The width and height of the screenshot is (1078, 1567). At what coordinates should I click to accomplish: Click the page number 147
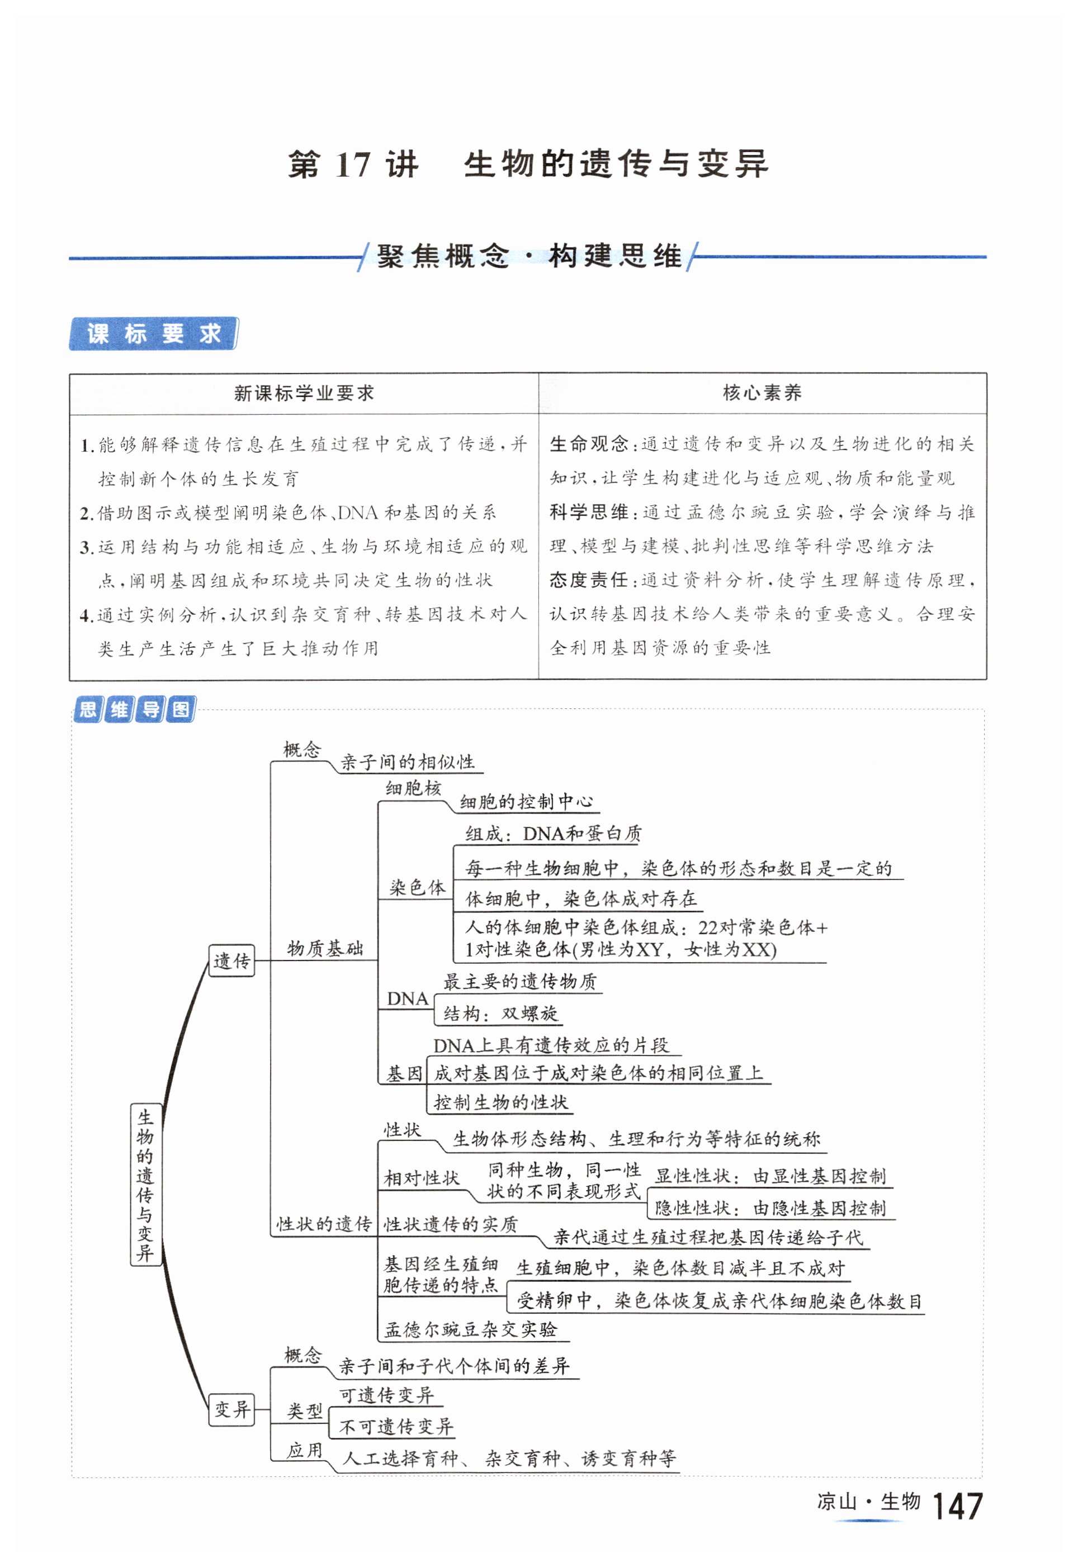coord(957,1506)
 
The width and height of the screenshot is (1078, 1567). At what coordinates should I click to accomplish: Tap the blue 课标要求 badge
coord(153,334)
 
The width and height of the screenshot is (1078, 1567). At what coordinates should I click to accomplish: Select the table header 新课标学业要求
coord(304,394)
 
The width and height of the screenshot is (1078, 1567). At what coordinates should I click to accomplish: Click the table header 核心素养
coord(762,393)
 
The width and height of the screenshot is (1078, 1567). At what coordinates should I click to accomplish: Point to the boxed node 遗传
coord(231,960)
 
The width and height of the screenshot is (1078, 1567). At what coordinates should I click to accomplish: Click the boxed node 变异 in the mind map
coord(231,1409)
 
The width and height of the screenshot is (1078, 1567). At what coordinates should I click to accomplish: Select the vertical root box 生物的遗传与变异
coord(145,1184)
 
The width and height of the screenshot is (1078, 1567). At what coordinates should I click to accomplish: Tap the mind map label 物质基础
coord(325,949)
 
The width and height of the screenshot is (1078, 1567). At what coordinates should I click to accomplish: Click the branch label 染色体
coord(417,888)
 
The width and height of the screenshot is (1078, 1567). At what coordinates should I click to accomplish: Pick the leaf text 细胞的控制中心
coord(526,802)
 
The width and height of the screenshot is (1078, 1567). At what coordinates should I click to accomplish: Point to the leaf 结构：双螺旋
coord(500,1014)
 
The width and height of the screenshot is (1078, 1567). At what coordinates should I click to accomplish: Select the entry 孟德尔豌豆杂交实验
coord(471,1329)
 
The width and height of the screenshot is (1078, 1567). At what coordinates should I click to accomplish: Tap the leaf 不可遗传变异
coord(396,1427)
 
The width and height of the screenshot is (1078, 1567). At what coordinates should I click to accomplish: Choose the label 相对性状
coord(422,1178)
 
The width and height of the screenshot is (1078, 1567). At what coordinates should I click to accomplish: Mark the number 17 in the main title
coord(353,165)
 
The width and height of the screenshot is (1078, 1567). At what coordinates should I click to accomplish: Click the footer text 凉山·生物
coord(868,1502)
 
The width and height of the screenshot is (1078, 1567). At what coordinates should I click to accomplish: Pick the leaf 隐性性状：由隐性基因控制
coord(770,1208)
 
